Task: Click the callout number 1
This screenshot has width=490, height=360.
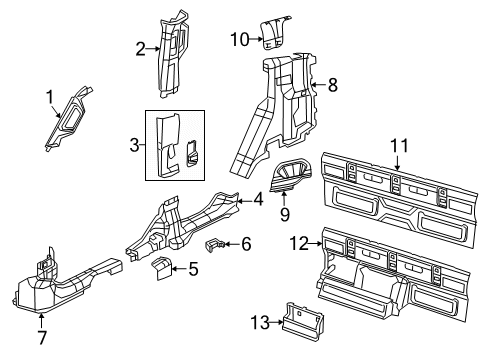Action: pyautogui.click(x=48, y=97)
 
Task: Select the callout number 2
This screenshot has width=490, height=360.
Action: pyautogui.click(x=142, y=46)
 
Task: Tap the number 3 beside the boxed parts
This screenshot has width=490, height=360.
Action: pyautogui.click(x=133, y=145)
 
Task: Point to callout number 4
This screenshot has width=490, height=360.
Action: pyautogui.click(x=258, y=199)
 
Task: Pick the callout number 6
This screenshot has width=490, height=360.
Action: pyautogui.click(x=247, y=244)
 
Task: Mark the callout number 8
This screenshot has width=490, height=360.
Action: pyautogui.click(x=334, y=85)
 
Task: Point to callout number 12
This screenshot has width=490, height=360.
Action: pyautogui.click(x=298, y=241)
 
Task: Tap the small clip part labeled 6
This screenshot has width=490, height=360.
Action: pyautogui.click(x=217, y=243)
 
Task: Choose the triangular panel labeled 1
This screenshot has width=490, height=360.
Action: pyautogui.click(x=73, y=118)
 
